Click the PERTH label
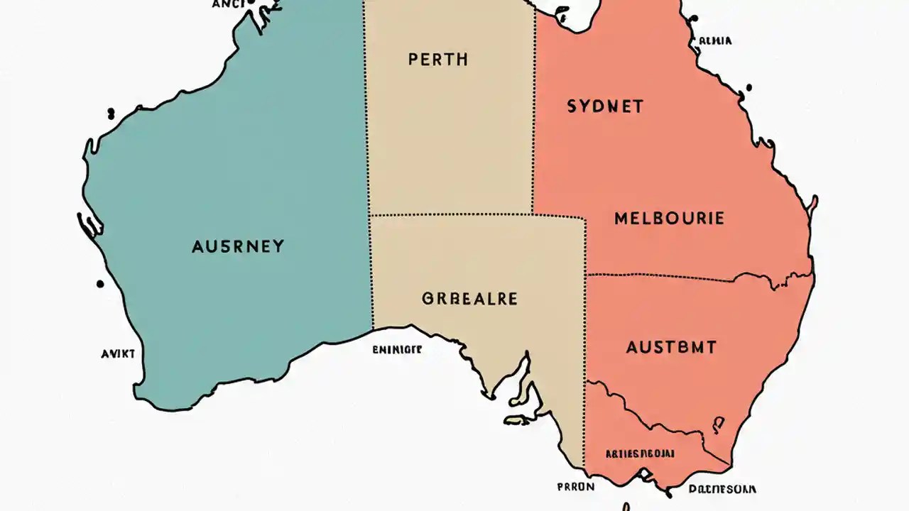click(438, 60)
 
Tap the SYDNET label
click(605, 107)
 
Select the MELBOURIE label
click(669, 218)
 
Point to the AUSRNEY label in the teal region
click(238, 247)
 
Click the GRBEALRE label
click(469, 299)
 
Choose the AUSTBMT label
click(671, 348)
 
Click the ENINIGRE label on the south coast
click(397, 349)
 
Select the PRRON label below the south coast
click(576, 488)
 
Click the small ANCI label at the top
click(228, 4)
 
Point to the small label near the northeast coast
click(714, 41)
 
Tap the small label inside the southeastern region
click(639, 453)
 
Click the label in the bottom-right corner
click(722, 489)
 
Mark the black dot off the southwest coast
click(100, 284)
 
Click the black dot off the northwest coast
click(111, 112)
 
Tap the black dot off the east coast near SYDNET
click(748, 88)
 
